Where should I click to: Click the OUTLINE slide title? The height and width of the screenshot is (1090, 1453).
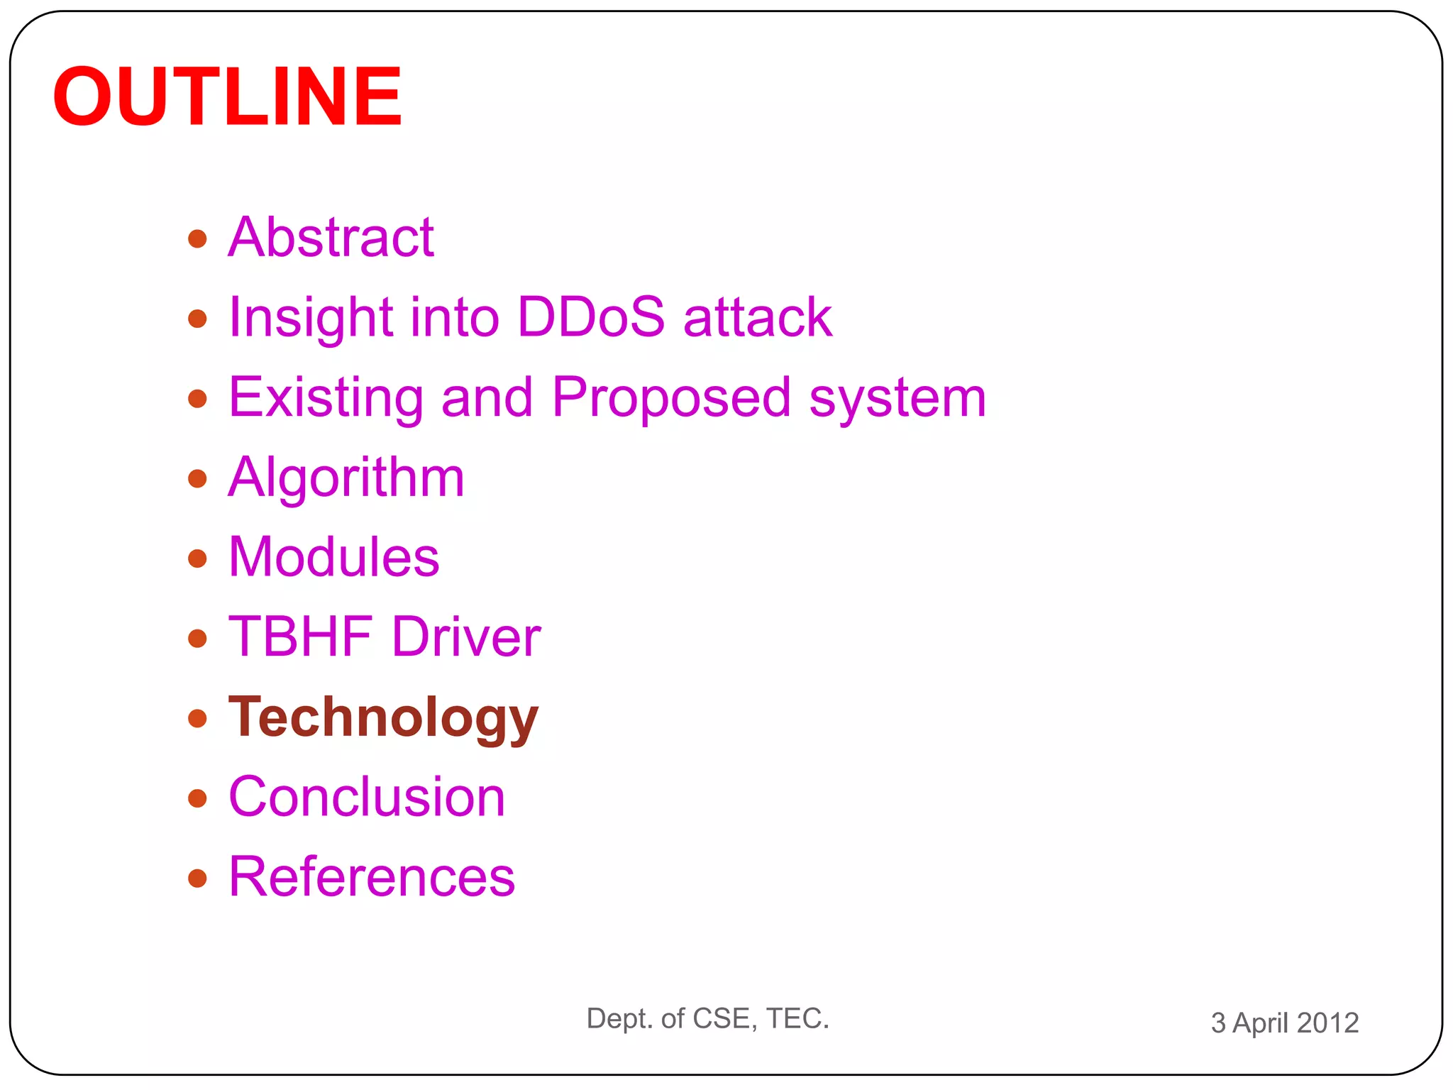click(227, 96)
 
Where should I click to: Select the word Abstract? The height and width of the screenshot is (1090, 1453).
click(331, 237)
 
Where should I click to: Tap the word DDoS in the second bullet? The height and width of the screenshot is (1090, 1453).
click(590, 316)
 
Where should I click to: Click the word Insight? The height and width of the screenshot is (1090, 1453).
click(311, 316)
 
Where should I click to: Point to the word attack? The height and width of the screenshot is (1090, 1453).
click(757, 316)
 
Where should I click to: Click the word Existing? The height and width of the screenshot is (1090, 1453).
click(326, 397)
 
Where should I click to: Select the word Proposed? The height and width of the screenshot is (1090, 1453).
click(670, 397)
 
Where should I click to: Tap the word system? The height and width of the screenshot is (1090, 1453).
click(897, 397)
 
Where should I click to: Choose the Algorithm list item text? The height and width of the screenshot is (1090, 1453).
click(346, 478)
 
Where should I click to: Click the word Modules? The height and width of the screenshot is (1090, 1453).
click(333, 557)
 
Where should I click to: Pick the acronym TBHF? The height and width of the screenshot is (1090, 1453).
click(301, 637)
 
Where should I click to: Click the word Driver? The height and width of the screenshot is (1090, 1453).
click(466, 637)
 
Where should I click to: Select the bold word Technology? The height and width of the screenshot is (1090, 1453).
click(383, 717)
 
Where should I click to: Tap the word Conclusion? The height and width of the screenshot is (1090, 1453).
click(367, 797)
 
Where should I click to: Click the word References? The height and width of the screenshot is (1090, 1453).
click(372, 877)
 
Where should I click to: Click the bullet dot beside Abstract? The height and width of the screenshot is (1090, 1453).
click(197, 238)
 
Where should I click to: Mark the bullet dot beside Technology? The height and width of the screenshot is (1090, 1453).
click(197, 718)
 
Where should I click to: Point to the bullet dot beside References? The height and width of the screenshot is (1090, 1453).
click(197, 879)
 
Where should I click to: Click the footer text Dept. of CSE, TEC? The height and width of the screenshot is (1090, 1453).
click(707, 1018)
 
